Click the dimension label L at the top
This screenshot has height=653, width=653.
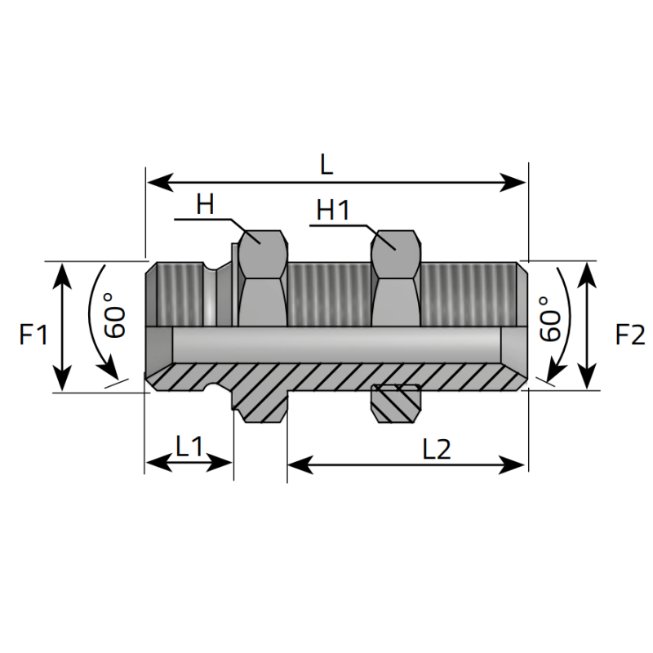[327, 165]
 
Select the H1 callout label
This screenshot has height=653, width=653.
[333, 210]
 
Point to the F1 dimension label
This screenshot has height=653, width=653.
[33, 335]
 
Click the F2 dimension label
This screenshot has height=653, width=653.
[630, 335]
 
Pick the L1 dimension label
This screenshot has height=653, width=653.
[189, 446]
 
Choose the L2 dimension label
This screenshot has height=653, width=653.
[437, 450]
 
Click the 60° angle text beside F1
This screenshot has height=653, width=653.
[114, 315]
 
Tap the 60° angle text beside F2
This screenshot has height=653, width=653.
[549, 318]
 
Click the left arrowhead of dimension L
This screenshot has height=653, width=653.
[159, 182]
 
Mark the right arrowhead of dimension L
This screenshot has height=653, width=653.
[513, 182]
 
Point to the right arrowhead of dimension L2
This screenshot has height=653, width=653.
[512, 464]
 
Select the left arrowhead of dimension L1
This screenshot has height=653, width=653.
[159, 463]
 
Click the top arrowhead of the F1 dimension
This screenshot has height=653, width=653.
[62, 275]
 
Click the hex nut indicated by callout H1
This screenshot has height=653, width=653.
[396, 278]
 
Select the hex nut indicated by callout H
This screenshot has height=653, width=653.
[262, 278]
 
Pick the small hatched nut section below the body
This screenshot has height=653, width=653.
[396, 403]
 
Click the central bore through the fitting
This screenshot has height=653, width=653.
[336, 344]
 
